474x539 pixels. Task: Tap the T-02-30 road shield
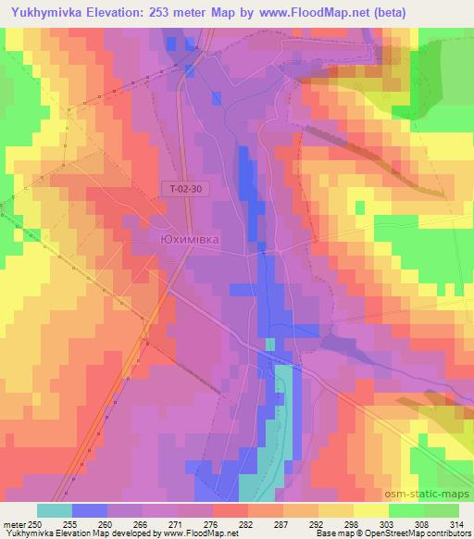(186, 188)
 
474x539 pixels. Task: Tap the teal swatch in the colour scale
(55, 510)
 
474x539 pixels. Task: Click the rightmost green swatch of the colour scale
(442, 510)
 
